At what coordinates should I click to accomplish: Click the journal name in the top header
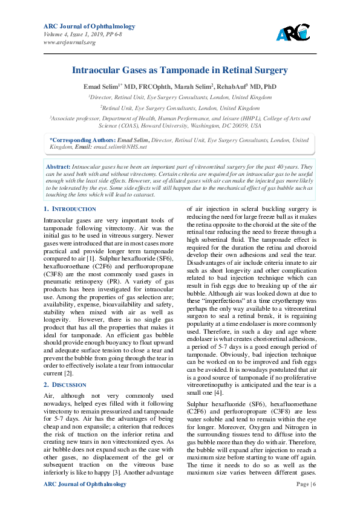89,27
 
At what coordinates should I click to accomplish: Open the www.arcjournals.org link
70,42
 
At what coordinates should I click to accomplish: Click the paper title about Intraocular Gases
180,70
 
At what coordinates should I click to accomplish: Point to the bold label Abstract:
59,166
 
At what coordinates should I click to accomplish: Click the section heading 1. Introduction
70,209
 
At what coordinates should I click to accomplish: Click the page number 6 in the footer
314,484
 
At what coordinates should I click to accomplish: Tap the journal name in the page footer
85,484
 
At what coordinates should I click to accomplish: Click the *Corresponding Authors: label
82,140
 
